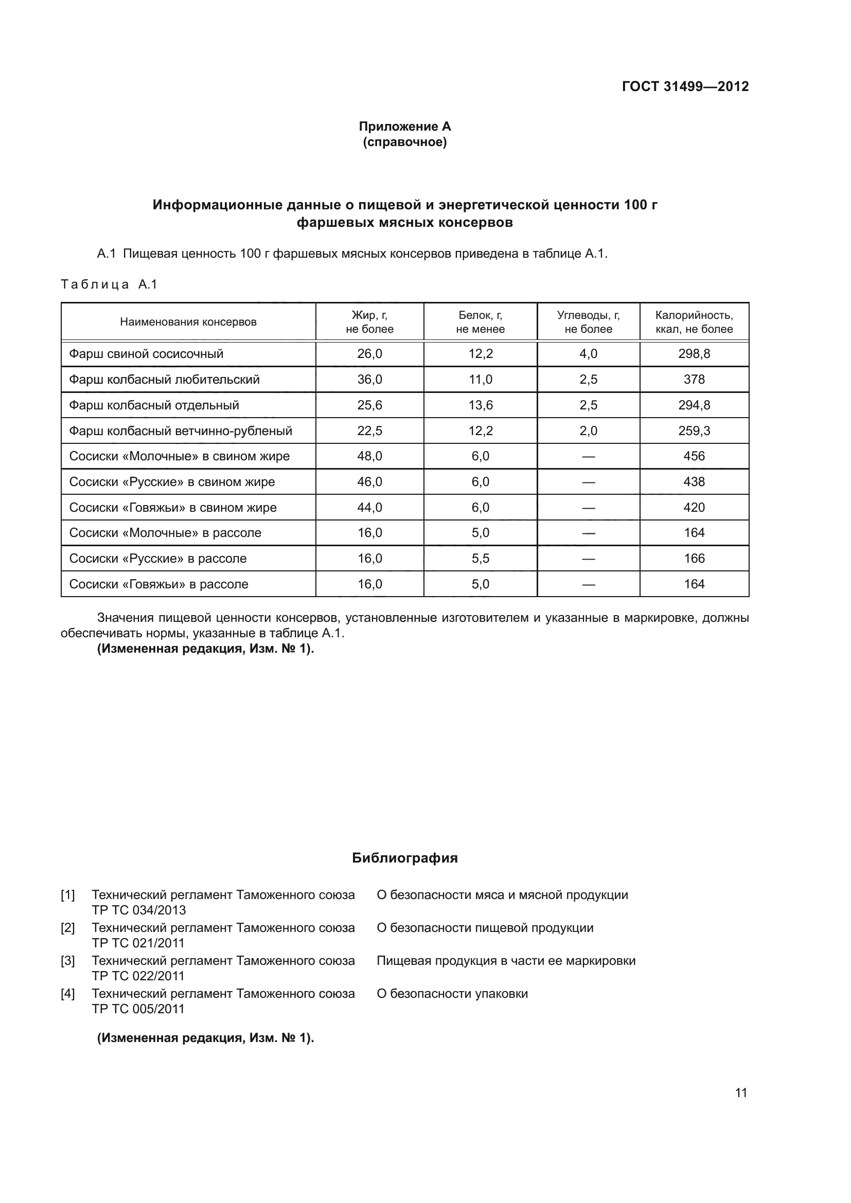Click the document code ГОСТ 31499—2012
pos(685,86)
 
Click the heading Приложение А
pos(404,127)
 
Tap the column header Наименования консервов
pos(188,321)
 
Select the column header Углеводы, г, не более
pos(588,321)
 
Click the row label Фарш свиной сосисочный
pos(146,354)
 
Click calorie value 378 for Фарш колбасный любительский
pos(694,380)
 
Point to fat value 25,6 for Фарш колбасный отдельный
pos(369,405)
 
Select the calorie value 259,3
pos(694,430)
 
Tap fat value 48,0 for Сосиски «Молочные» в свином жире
pos(369,456)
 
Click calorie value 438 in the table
pos(694,481)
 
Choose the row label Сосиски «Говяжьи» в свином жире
pos(173,507)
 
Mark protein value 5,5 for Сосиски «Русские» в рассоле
pos(480,558)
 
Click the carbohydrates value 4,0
pos(588,354)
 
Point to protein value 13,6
pos(480,405)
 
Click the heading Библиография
pos(404,858)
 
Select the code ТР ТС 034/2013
pos(139,910)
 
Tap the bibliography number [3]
pos(67,960)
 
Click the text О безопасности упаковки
pos(452,994)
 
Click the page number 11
pos(740,1092)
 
